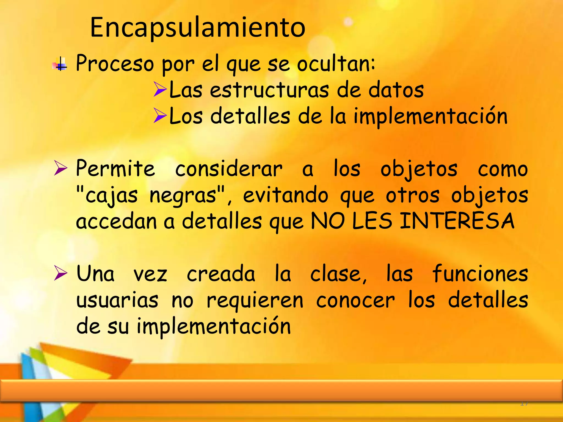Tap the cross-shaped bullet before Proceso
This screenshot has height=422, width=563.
click(60, 64)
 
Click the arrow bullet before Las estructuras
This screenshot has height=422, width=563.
click(160, 89)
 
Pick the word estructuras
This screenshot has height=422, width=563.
click(269, 90)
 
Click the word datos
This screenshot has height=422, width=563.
click(396, 90)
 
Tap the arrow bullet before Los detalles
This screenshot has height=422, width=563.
click(160, 115)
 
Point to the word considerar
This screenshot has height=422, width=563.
click(229, 169)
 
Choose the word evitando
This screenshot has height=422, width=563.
click(285, 195)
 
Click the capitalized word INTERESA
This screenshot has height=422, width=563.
click(457, 221)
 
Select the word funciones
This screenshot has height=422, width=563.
click(480, 274)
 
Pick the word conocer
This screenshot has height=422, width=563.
click(355, 300)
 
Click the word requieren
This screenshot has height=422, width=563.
click(255, 301)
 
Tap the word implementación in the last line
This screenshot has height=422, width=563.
click(214, 326)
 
